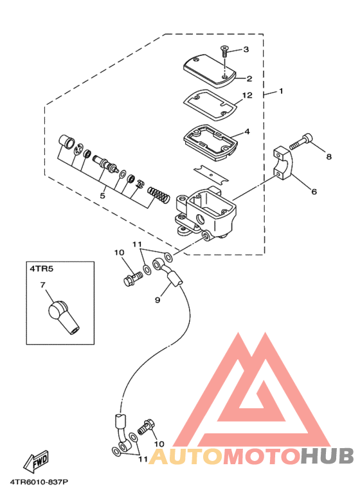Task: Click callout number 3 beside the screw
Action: click(x=246, y=50)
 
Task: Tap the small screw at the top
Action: click(x=224, y=51)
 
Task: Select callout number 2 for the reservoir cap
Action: click(x=249, y=78)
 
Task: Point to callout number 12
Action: click(x=248, y=95)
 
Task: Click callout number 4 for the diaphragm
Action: click(x=248, y=131)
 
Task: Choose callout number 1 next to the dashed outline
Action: click(x=281, y=91)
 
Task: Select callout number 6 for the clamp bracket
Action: click(x=314, y=192)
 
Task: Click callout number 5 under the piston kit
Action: click(x=102, y=195)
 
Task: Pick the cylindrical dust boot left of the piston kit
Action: click(x=67, y=141)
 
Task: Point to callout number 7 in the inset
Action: click(x=43, y=285)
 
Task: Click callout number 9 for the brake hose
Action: click(x=157, y=300)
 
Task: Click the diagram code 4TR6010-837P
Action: click(x=39, y=482)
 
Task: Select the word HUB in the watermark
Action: click(x=327, y=456)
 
